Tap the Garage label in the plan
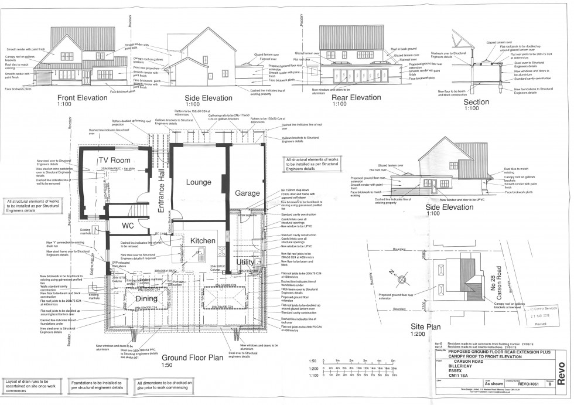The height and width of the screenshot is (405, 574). coord(247,193)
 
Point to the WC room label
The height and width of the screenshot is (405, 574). coord(129,226)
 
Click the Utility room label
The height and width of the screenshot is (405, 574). coord(245,261)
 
